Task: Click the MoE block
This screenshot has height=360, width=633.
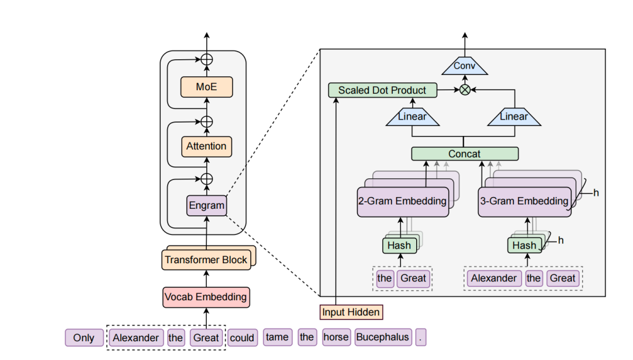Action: [206, 87]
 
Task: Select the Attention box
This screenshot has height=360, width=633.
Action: [206, 147]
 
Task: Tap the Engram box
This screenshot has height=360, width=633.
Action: [206, 205]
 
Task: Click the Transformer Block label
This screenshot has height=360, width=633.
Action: [206, 260]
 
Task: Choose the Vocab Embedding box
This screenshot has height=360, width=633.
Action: [206, 297]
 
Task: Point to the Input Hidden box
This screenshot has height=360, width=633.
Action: [350, 312]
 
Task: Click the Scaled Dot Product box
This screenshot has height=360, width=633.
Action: [382, 90]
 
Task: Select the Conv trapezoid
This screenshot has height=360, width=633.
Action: [464, 66]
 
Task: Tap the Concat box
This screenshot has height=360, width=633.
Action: [464, 154]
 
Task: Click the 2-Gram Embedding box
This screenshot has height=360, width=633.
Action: [402, 202]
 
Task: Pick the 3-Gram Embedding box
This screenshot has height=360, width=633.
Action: [524, 202]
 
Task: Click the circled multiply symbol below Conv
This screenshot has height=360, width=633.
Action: [465, 90]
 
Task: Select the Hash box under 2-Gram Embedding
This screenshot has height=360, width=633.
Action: [399, 245]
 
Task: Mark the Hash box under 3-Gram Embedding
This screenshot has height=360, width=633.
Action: [524, 245]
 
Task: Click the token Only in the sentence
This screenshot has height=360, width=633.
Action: [84, 338]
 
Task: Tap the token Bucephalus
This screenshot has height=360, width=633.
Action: [382, 337]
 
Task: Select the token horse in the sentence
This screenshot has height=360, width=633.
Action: [336, 337]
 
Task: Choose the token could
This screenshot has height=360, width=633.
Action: [242, 338]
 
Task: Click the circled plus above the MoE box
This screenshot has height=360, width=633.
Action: [206, 59]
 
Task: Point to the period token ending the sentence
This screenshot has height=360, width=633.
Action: [421, 337]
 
